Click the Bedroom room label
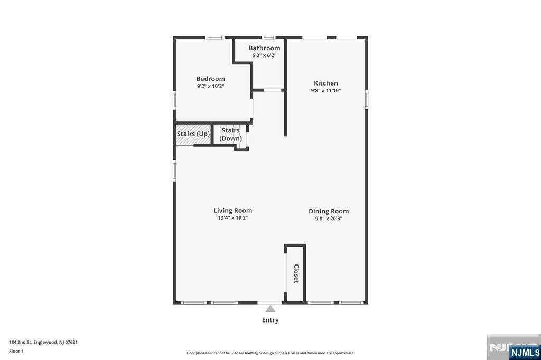(210, 79)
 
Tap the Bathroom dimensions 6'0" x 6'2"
(264, 55)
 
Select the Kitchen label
(325, 83)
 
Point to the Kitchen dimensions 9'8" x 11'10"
(325, 91)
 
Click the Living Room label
(232, 210)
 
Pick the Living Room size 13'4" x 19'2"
(232, 218)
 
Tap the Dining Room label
(329, 211)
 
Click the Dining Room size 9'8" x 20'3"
(329, 219)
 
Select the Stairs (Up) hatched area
(193, 134)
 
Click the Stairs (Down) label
(230, 135)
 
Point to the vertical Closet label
(296, 274)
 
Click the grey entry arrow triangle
(270, 309)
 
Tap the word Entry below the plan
(270, 320)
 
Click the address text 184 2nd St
(21, 343)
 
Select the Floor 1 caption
(16, 352)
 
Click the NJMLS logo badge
(525, 353)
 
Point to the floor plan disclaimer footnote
(270, 353)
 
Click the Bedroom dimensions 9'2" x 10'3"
(210, 86)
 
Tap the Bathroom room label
(264, 48)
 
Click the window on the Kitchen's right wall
(367, 100)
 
